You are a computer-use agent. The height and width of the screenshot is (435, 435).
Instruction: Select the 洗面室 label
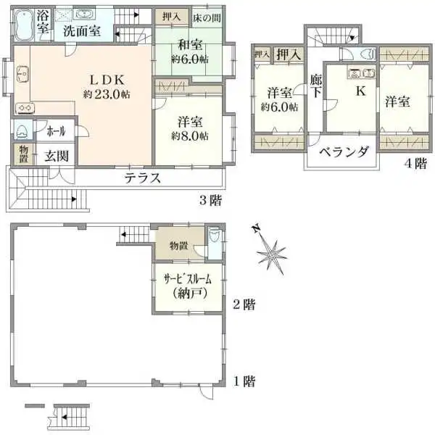[x=81, y=31]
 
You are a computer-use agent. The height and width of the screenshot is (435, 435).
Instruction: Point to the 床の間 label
[x=207, y=16]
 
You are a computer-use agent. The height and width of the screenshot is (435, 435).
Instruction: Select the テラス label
[x=142, y=178]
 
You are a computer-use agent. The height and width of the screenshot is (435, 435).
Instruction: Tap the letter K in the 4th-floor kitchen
[x=358, y=92]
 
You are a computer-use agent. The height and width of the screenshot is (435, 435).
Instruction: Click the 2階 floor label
[x=244, y=304]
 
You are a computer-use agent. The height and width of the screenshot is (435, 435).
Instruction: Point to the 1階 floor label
[x=244, y=381]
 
